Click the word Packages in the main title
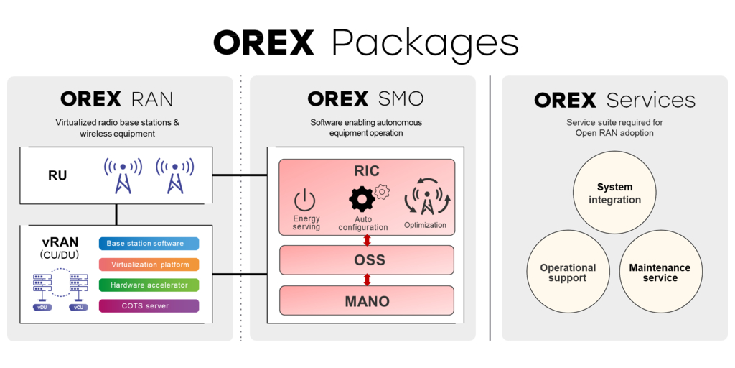click(425, 43)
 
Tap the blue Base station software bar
click(149, 244)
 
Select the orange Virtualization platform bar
click(149, 264)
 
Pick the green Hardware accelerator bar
click(149, 285)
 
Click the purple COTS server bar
click(149, 306)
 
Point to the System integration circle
click(614, 193)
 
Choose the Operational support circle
click(568, 272)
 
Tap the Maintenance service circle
click(660, 272)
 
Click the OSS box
click(366, 259)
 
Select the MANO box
click(366, 300)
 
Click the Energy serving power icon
click(305, 200)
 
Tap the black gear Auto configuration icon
click(362, 199)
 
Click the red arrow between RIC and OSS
click(367, 240)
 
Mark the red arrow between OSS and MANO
click(367, 280)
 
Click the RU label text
click(57, 175)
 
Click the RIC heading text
click(366, 171)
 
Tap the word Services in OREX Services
click(650, 100)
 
